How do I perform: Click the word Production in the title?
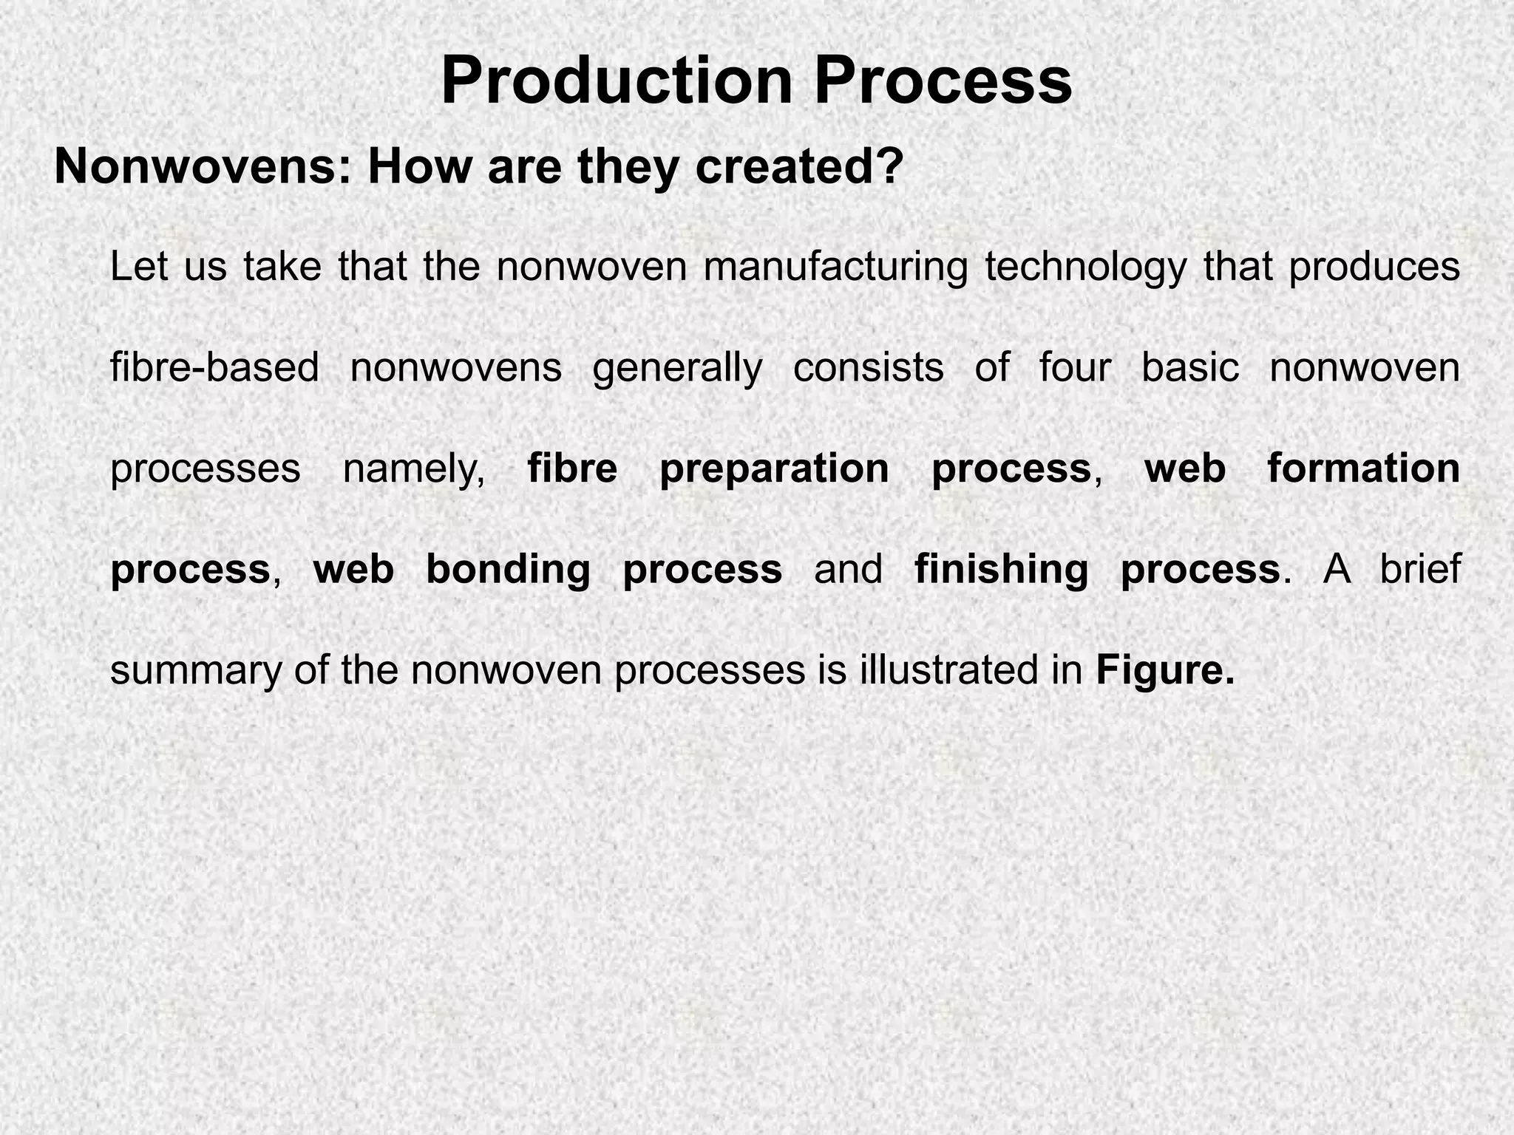pyautogui.click(x=618, y=81)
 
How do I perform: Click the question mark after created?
pyautogui.click(x=890, y=167)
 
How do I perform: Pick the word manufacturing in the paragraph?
pyautogui.click(x=835, y=267)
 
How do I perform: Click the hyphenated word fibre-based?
pyautogui.click(x=214, y=367)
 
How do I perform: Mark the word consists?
pyautogui.click(x=869, y=367)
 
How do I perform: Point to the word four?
pyautogui.click(x=1075, y=367)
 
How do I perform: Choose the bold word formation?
pyautogui.click(x=1364, y=468)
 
